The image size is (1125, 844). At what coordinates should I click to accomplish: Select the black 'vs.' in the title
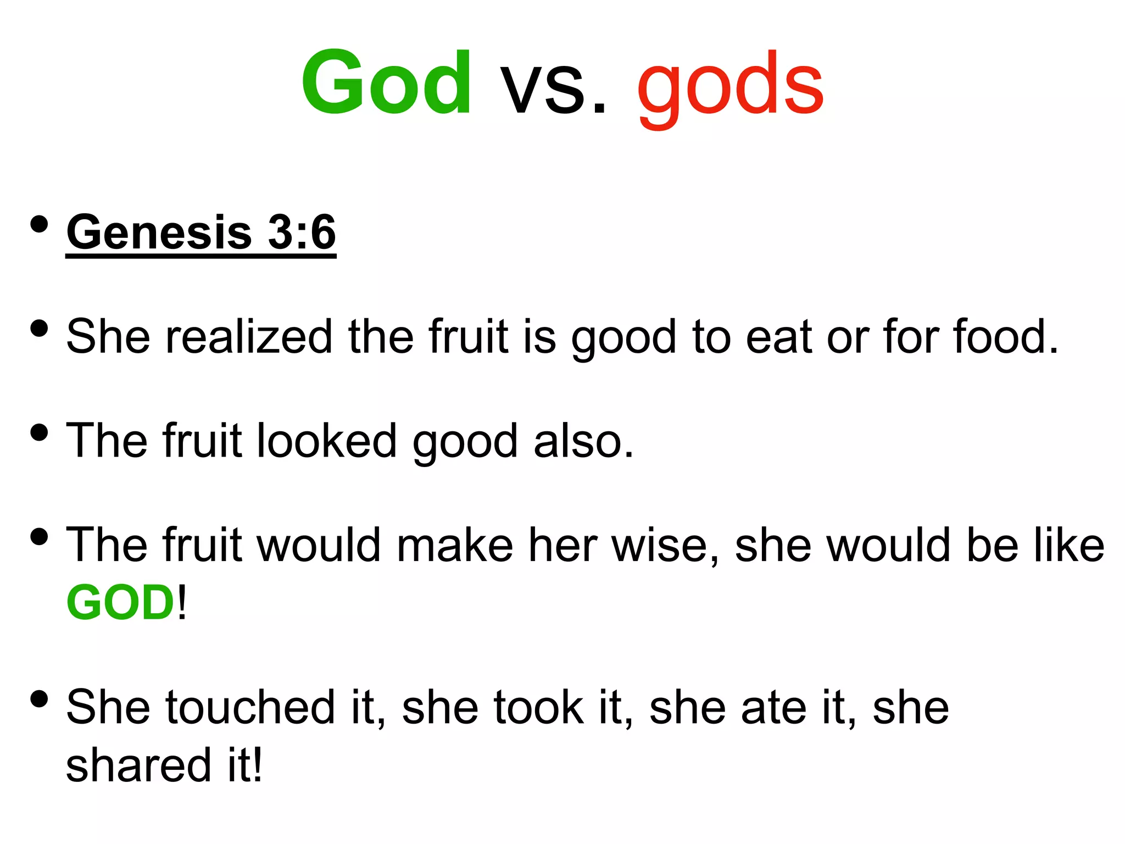553,88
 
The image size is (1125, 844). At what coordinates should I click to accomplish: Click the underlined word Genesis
159,233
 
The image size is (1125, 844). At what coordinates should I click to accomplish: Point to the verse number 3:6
302,232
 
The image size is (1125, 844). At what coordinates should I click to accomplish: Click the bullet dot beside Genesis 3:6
39,225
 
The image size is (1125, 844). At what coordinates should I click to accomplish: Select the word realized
249,336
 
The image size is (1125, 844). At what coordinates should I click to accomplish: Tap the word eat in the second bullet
779,336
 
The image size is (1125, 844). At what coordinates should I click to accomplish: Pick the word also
583,441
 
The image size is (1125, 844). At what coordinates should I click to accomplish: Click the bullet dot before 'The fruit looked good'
39,432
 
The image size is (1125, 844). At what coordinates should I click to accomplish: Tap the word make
455,545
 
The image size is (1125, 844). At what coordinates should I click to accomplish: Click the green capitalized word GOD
120,603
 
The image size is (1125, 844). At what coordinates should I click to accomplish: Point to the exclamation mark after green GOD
182,603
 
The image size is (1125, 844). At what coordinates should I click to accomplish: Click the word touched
250,708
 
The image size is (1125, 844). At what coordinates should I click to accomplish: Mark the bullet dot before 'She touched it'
39,699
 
